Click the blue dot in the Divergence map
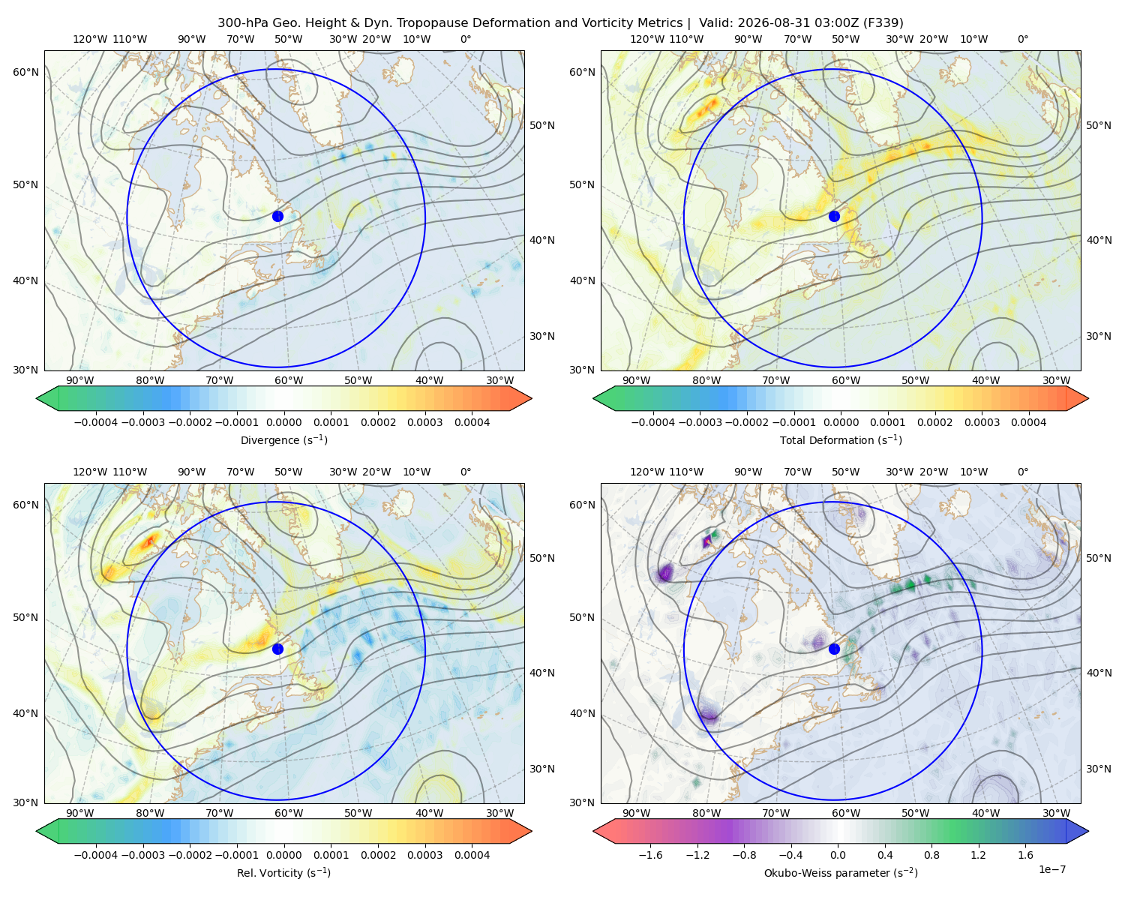pyautogui.click(x=277, y=216)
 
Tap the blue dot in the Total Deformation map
pyautogui.click(x=834, y=216)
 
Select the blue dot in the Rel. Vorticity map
pyautogui.click(x=277, y=649)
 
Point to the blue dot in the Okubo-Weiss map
pyautogui.click(x=834, y=649)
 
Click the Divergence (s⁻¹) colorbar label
pyautogui.click(x=283, y=439)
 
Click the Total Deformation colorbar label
pyautogui.click(x=841, y=439)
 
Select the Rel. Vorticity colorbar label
pyautogui.click(x=283, y=873)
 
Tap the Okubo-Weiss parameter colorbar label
pyautogui.click(x=841, y=873)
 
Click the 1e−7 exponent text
pyautogui.click(x=1051, y=869)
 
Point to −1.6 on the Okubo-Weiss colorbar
pyautogui.click(x=650, y=855)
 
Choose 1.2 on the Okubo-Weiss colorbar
pyautogui.click(x=978, y=855)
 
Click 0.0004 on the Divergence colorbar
pyautogui.click(x=472, y=422)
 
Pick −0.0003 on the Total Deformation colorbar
pyautogui.click(x=700, y=422)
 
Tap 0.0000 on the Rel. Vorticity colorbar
pyautogui.click(x=283, y=855)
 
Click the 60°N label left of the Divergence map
pyautogui.click(x=25, y=72)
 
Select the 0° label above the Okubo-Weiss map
pyautogui.click(x=1022, y=472)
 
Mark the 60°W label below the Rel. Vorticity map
pyautogui.click(x=289, y=813)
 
